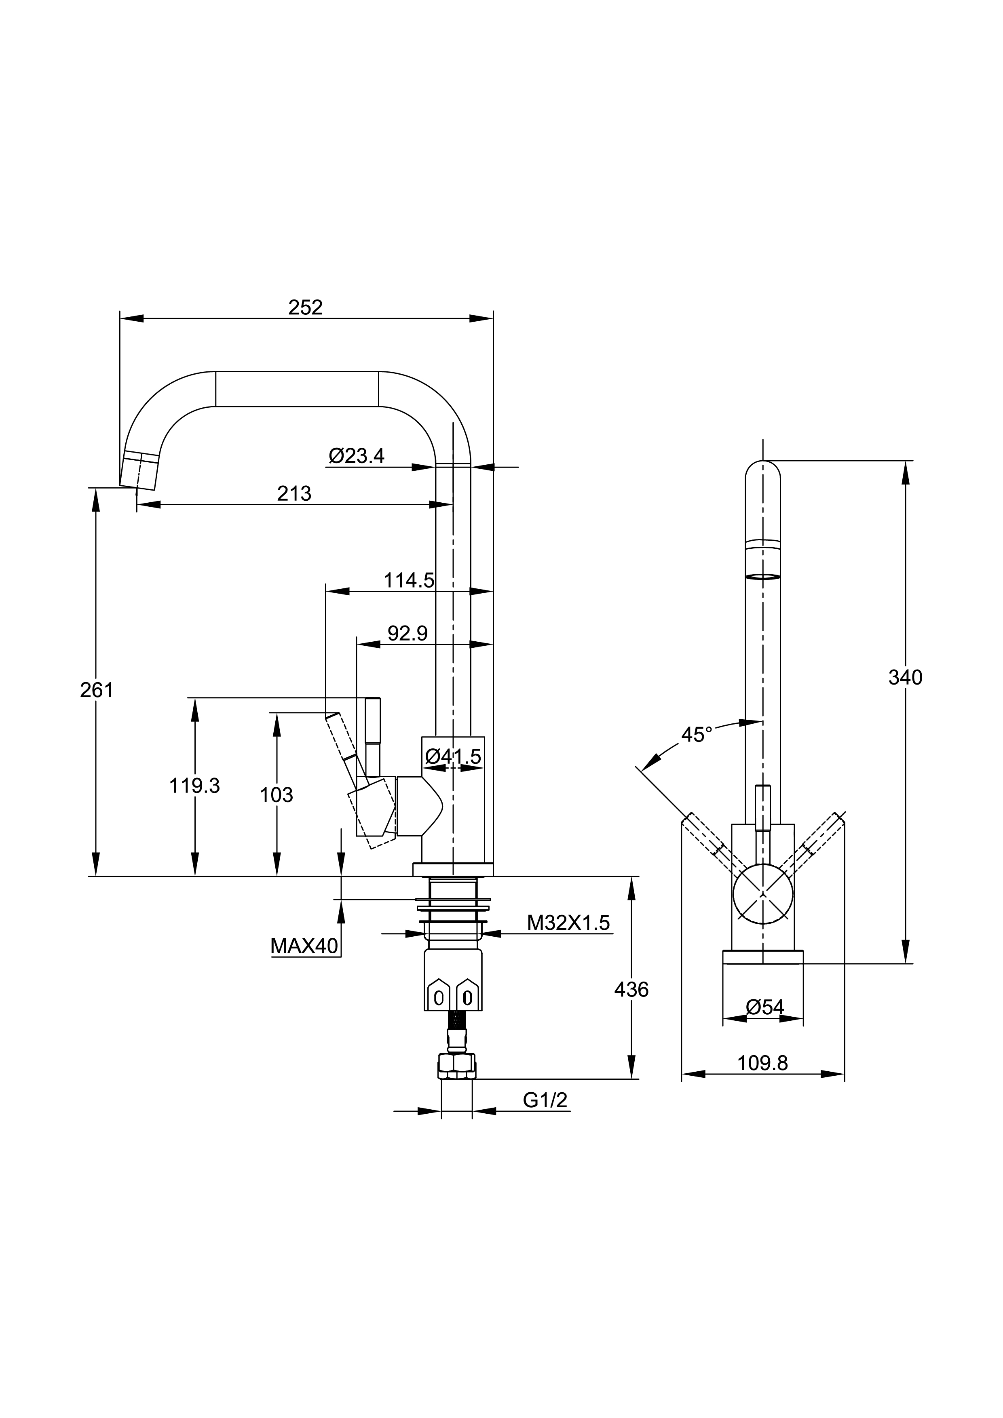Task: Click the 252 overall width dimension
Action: click(305, 308)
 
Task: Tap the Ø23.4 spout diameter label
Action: click(357, 456)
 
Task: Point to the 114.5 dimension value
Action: click(408, 581)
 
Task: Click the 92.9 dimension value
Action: click(407, 633)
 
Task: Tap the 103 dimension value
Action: click(276, 795)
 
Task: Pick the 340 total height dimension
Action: click(905, 678)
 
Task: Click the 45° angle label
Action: click(697, 735)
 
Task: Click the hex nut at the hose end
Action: click(457, 1066)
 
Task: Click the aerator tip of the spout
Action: click(139, 471)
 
